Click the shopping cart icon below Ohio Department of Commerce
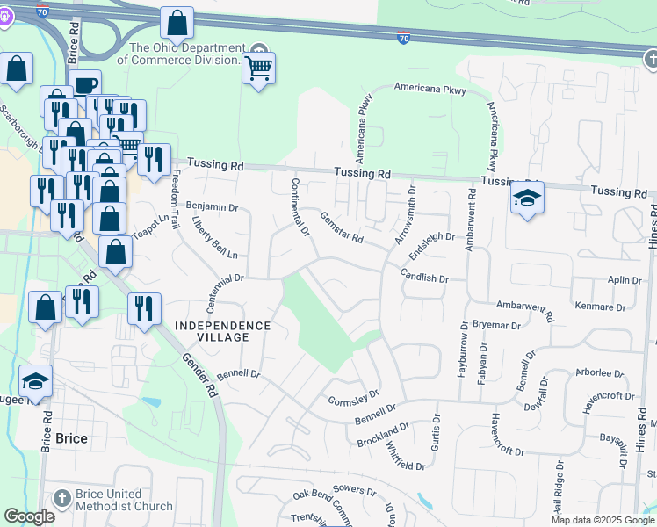point(258,68)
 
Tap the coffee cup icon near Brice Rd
point(85,85)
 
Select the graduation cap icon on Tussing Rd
point(527,199)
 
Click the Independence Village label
point(223,325)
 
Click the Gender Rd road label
point(198,370)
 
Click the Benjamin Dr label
point(213,207)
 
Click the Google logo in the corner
point(30,516)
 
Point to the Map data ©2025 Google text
point(602,520)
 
